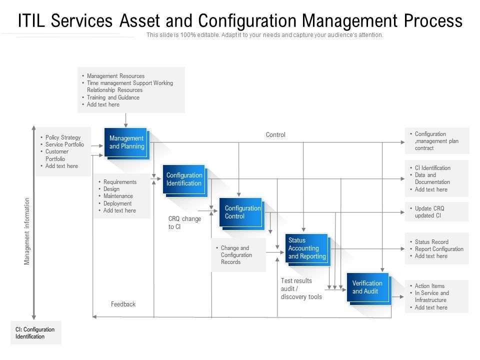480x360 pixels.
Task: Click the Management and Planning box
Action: pyautogui.click(x=126, y=142)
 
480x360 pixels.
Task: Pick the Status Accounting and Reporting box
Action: pyautogui.click(x=307, y=249)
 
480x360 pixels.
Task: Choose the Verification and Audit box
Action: pyautogui.click(x=368, y=288)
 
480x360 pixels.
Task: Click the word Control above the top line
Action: pyautogui.click(x=275, y=134)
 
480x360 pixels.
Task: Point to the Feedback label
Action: pyautogui.click(x=123, y=304)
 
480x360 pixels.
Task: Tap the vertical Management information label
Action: pyautogui.click(x=27, y=231)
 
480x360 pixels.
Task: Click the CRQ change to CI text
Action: pyautogui.click(x=184, y=222)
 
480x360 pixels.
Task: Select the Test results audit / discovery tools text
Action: pyautogui.click(x=301, y=288)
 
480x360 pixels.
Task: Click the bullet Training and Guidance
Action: pyautogui.click(x=113, y=97)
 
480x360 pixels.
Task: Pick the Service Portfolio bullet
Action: pyautogui.click(x=64, y=144)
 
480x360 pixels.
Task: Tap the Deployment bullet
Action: pyautogui.click(x=117, y=203)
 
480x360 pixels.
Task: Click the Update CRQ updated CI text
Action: pyautogui.click(x=429, y=212)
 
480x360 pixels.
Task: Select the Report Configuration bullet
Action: pyautogui.click(x=439, y=249)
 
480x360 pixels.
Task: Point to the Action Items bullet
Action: pyautogui.click(x=429, y=286)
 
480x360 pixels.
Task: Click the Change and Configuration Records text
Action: pyautogui.click(x=236, y=254)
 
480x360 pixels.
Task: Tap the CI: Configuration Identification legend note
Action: pyautogui.click(x=35, y=333)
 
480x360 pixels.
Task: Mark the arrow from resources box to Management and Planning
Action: pyautogui.click(x=126, y=120)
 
